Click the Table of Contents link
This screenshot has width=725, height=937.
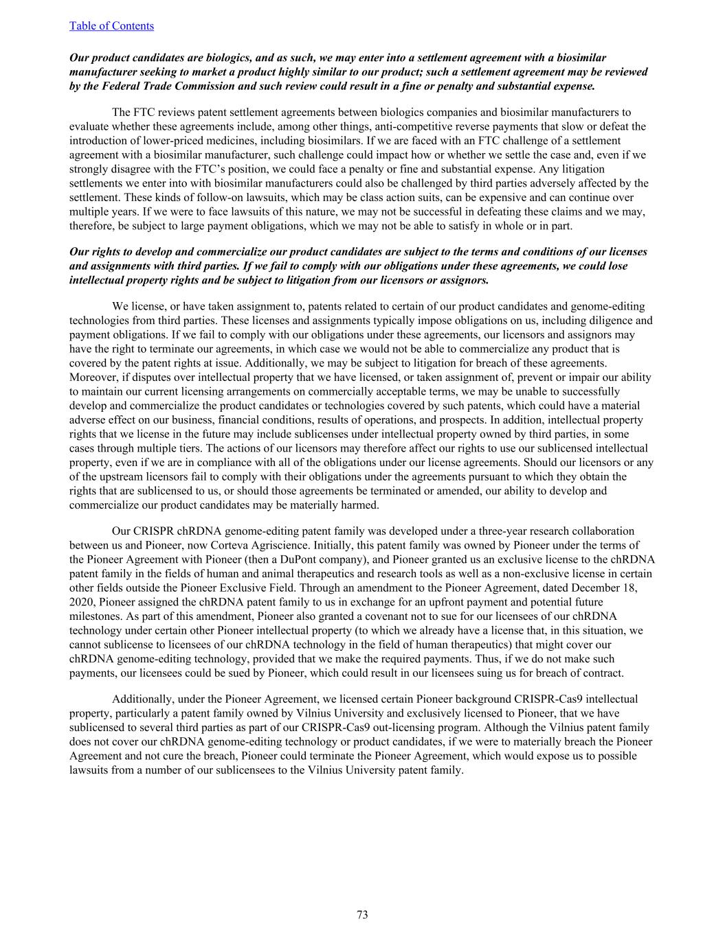pos(111,26)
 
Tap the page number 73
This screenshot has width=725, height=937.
pos(362,914)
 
